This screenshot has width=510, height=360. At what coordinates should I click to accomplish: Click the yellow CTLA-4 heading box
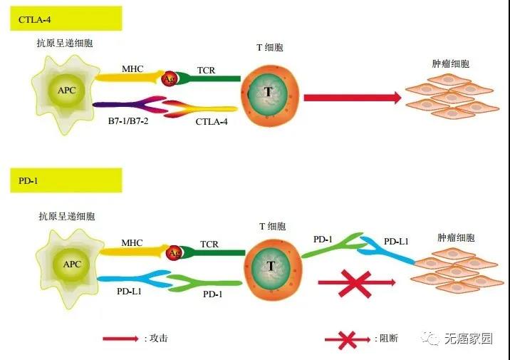click(65, 17)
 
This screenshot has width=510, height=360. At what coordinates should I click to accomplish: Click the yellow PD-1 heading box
click(65, 181)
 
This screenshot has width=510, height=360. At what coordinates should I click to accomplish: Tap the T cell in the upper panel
click(268, 93)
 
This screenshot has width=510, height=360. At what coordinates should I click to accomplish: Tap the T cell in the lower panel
click(270, 266)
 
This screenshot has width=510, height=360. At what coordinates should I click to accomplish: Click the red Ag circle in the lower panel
click(174, 253)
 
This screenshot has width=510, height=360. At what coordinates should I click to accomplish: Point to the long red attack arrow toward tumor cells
click(353, 98)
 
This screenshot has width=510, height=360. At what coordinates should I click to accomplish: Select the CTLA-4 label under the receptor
click(213, 123)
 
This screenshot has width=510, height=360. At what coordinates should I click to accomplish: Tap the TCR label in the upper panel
click(207, 69)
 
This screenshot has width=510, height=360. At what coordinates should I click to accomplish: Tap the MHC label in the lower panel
click(132, 243)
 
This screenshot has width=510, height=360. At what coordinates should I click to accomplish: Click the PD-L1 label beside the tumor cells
click(397, 242)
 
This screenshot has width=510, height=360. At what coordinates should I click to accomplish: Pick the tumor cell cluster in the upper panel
click(449, 99)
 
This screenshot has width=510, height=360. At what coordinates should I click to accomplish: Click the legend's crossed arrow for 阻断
click(348, 339)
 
